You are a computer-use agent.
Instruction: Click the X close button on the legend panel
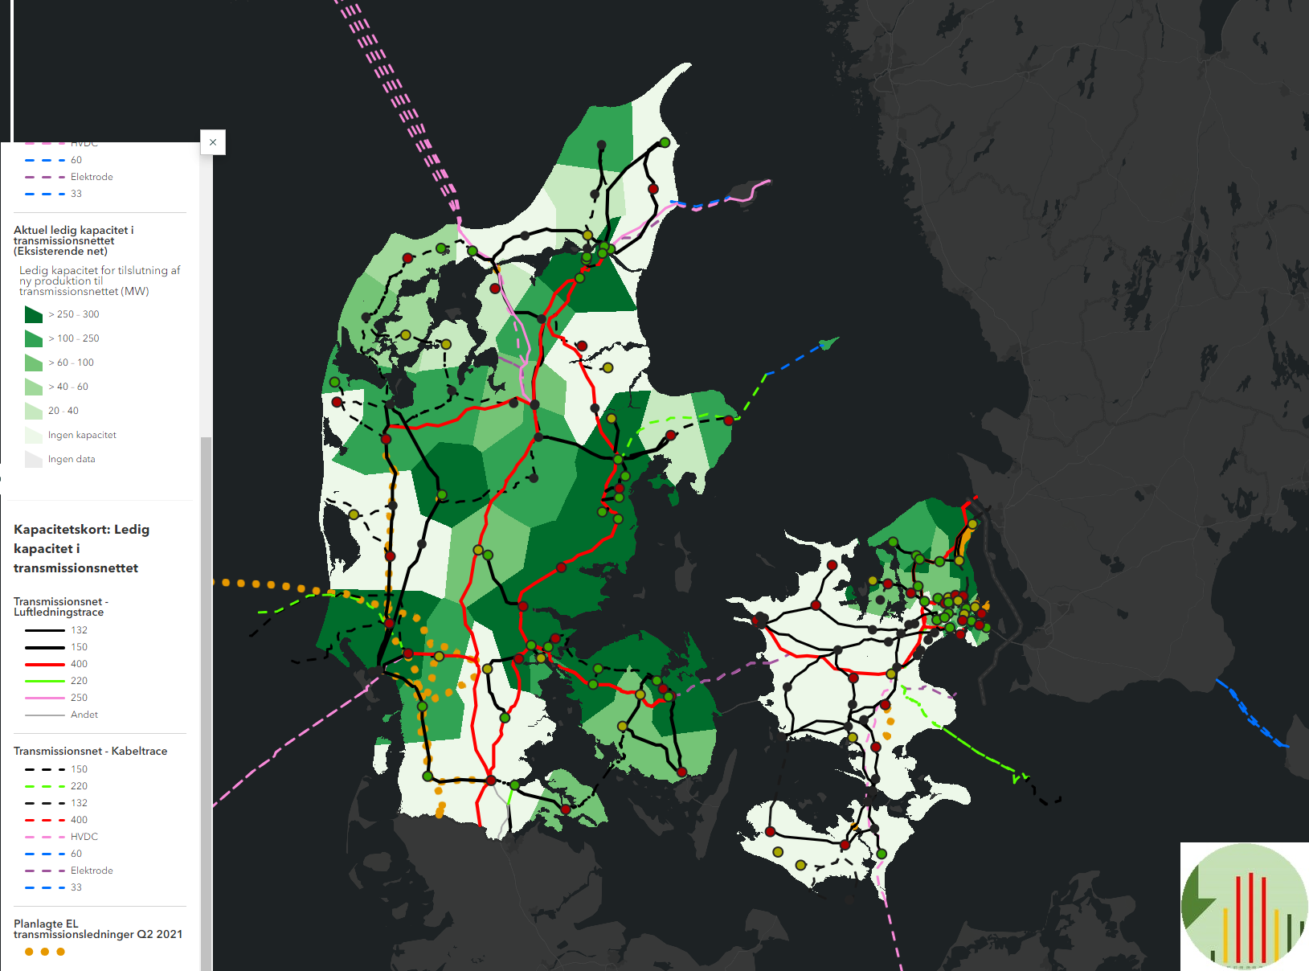(x=213, y=142)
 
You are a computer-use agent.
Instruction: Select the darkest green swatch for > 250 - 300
(x=34, y=314)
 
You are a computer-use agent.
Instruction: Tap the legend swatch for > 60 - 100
(x=34, y=363)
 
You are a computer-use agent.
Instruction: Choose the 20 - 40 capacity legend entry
(x=63, y=411)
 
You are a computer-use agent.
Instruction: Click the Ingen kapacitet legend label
(x=82, y=435)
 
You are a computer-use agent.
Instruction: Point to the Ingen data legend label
(x=72, y=459)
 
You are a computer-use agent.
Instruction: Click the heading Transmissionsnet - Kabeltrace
(x=90, y=751)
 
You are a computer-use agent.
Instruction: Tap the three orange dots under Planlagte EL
(x=45, y=952)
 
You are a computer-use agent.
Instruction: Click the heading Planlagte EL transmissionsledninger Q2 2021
(x=97, y=929)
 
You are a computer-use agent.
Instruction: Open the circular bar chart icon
(x=1244, y=906)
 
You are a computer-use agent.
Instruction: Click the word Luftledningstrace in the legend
(x=59, y=613)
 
